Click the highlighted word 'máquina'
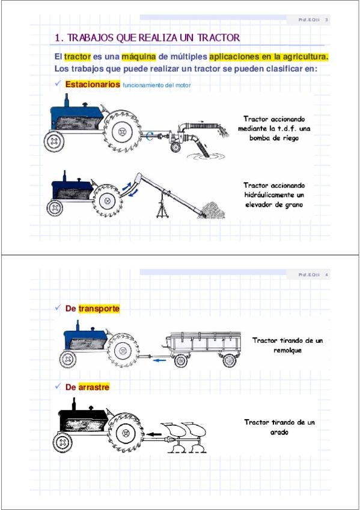(x=139, y=57)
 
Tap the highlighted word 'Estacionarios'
(x=93, y=84)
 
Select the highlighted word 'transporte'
(x=99, y=309)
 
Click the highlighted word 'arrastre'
(x=94, y=387)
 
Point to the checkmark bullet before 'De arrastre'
(x=58, y=386)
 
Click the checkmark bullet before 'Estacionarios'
(x=58, y=84)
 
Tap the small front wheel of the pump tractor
(x=54, y=141)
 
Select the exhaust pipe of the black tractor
(x=74, y=404)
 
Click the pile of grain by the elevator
(x=213, y=210)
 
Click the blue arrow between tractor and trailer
(x=159, y=360)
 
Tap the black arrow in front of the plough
(x=154, y=434)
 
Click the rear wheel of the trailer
(x=230, y=360)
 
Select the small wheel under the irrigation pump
(x=175, y=147)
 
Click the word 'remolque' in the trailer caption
(x=287, y=350)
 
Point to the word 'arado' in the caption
(x=279, y=432)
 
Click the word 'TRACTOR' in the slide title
(x=219, y=38)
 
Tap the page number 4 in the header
(x=327, y=275)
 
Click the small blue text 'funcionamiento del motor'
(x=157, y=85)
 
